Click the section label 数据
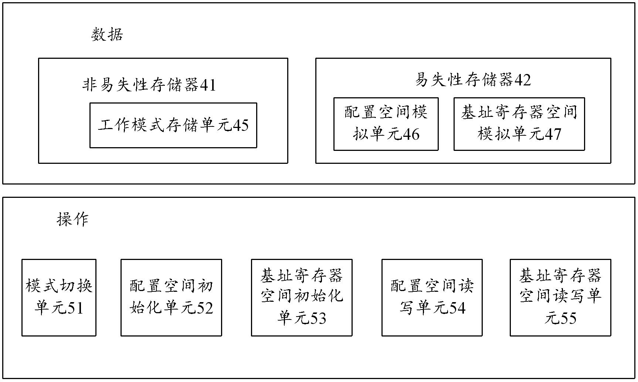coord(107,35)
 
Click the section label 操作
coord(72,219)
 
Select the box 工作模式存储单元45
coord(173,125)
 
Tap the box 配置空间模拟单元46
coord(386,124)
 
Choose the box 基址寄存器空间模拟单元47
coord(519,124)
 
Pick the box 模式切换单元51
coord(59,297)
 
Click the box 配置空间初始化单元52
coord(171,297)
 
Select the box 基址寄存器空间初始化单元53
coord(302,297)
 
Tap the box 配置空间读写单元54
coord(432,297)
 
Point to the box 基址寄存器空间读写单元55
coord(560,297)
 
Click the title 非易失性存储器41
coord(149,85)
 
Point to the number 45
coord(241,126)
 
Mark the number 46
coord(411,134)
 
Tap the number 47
coord(553,134)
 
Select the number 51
coord(76,308)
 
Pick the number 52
coord(205,308)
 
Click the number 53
coord(318,318)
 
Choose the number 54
coord(457,308)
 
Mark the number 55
coord(568,318)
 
